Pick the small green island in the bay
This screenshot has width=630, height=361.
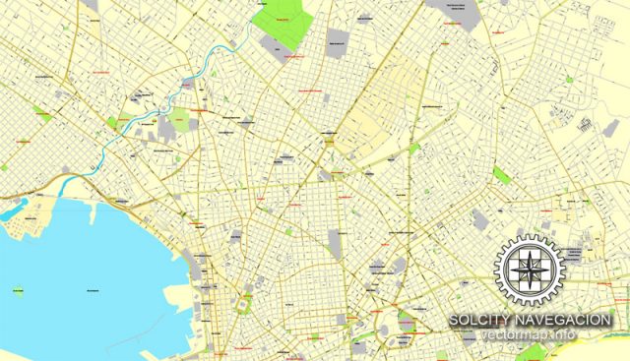(x=18, y=291)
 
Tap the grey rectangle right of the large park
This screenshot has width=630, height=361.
(x=338, y=40)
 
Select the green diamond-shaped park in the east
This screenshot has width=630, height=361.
(x=502, y=176)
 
